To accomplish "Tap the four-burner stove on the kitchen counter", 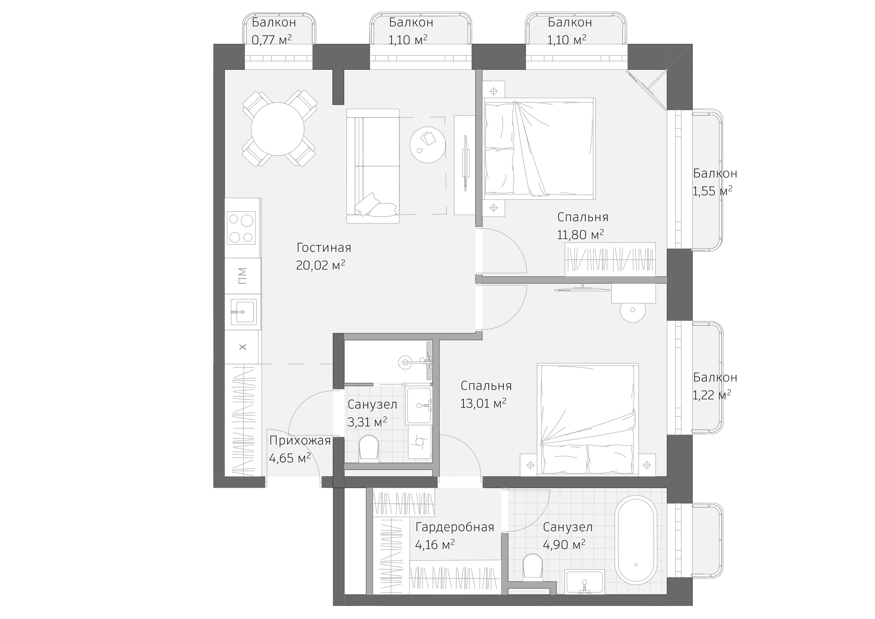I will click(241, 228).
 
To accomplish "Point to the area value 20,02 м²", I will click(320, 265).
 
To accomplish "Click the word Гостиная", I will click(324, 248).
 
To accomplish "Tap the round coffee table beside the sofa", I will click(428, 145).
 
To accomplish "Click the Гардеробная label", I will click(454, 527).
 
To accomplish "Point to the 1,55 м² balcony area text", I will click(712, 191).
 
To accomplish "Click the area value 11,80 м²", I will click(580, 235).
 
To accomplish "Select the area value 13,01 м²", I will click(483, 403).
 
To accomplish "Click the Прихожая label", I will click(300, 441).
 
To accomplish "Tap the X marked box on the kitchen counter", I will click(242, 347).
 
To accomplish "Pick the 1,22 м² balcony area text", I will click(711, 395).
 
